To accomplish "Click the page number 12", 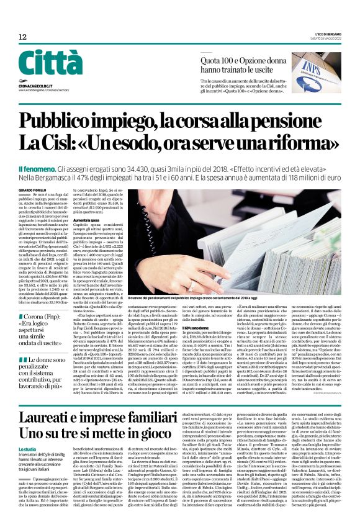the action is [x=22, y=37].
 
